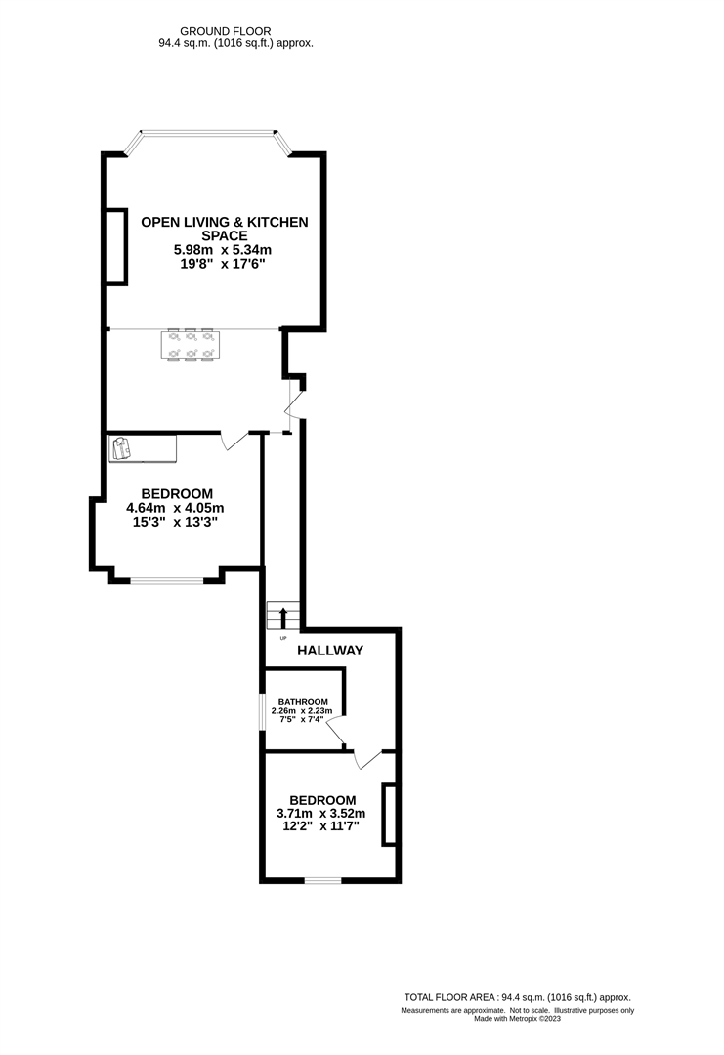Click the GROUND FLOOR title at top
[x=235, y=31]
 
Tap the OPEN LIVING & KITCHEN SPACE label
[x=225, y=229]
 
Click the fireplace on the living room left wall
[x=116, y=246]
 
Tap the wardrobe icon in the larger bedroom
[x=121, y=448]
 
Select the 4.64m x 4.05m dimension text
[x=176, y=508]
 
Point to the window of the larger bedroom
[x=167, y=582]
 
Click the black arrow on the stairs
[x=283, y=617]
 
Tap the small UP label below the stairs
[x=283, y=638]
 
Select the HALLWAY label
[x=330, y=651]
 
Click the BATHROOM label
[x=302, y=701]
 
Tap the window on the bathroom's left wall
[x=261, y=720]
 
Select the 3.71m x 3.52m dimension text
[x=322, y=813]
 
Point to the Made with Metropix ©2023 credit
[x=519, y=1019]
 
